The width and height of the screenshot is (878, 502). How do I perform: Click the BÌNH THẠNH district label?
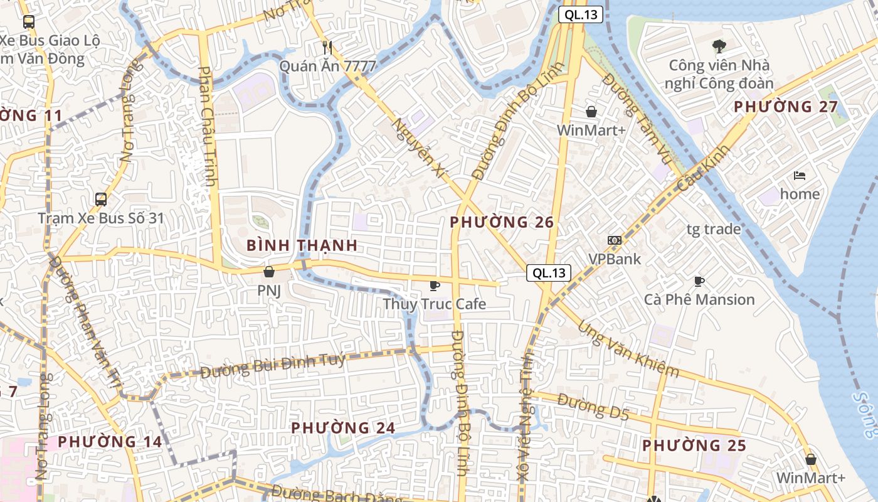(302, 245)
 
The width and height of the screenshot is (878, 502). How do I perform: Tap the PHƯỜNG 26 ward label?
(502, 222)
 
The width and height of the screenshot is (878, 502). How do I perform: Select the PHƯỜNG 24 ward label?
(343, 428)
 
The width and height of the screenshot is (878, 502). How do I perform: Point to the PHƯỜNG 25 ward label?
(694, 446)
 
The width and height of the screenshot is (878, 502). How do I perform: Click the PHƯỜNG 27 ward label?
(786, 107)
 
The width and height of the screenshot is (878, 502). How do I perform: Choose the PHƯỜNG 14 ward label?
(110, 442)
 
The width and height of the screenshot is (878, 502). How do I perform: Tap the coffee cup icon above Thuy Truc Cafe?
(434, 286)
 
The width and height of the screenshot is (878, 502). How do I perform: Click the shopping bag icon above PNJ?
(269, 272)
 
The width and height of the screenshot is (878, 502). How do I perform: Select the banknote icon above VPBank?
(614, 240)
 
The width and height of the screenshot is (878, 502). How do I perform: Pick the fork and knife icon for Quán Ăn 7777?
(327, 47)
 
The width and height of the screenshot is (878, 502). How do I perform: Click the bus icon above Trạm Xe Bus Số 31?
(100, 200)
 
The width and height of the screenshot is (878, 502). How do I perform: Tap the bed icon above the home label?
(800, 176)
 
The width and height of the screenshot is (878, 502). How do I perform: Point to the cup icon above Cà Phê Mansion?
(699, 281)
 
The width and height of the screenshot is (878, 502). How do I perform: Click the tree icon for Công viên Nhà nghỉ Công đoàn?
(719, 46)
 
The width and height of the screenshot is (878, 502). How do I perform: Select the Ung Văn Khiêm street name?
(628, 350)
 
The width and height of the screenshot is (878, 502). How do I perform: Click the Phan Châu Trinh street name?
(208, 125)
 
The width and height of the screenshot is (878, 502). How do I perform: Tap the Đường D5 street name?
(593, 406)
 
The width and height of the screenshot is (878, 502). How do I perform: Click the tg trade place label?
(713, 229)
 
